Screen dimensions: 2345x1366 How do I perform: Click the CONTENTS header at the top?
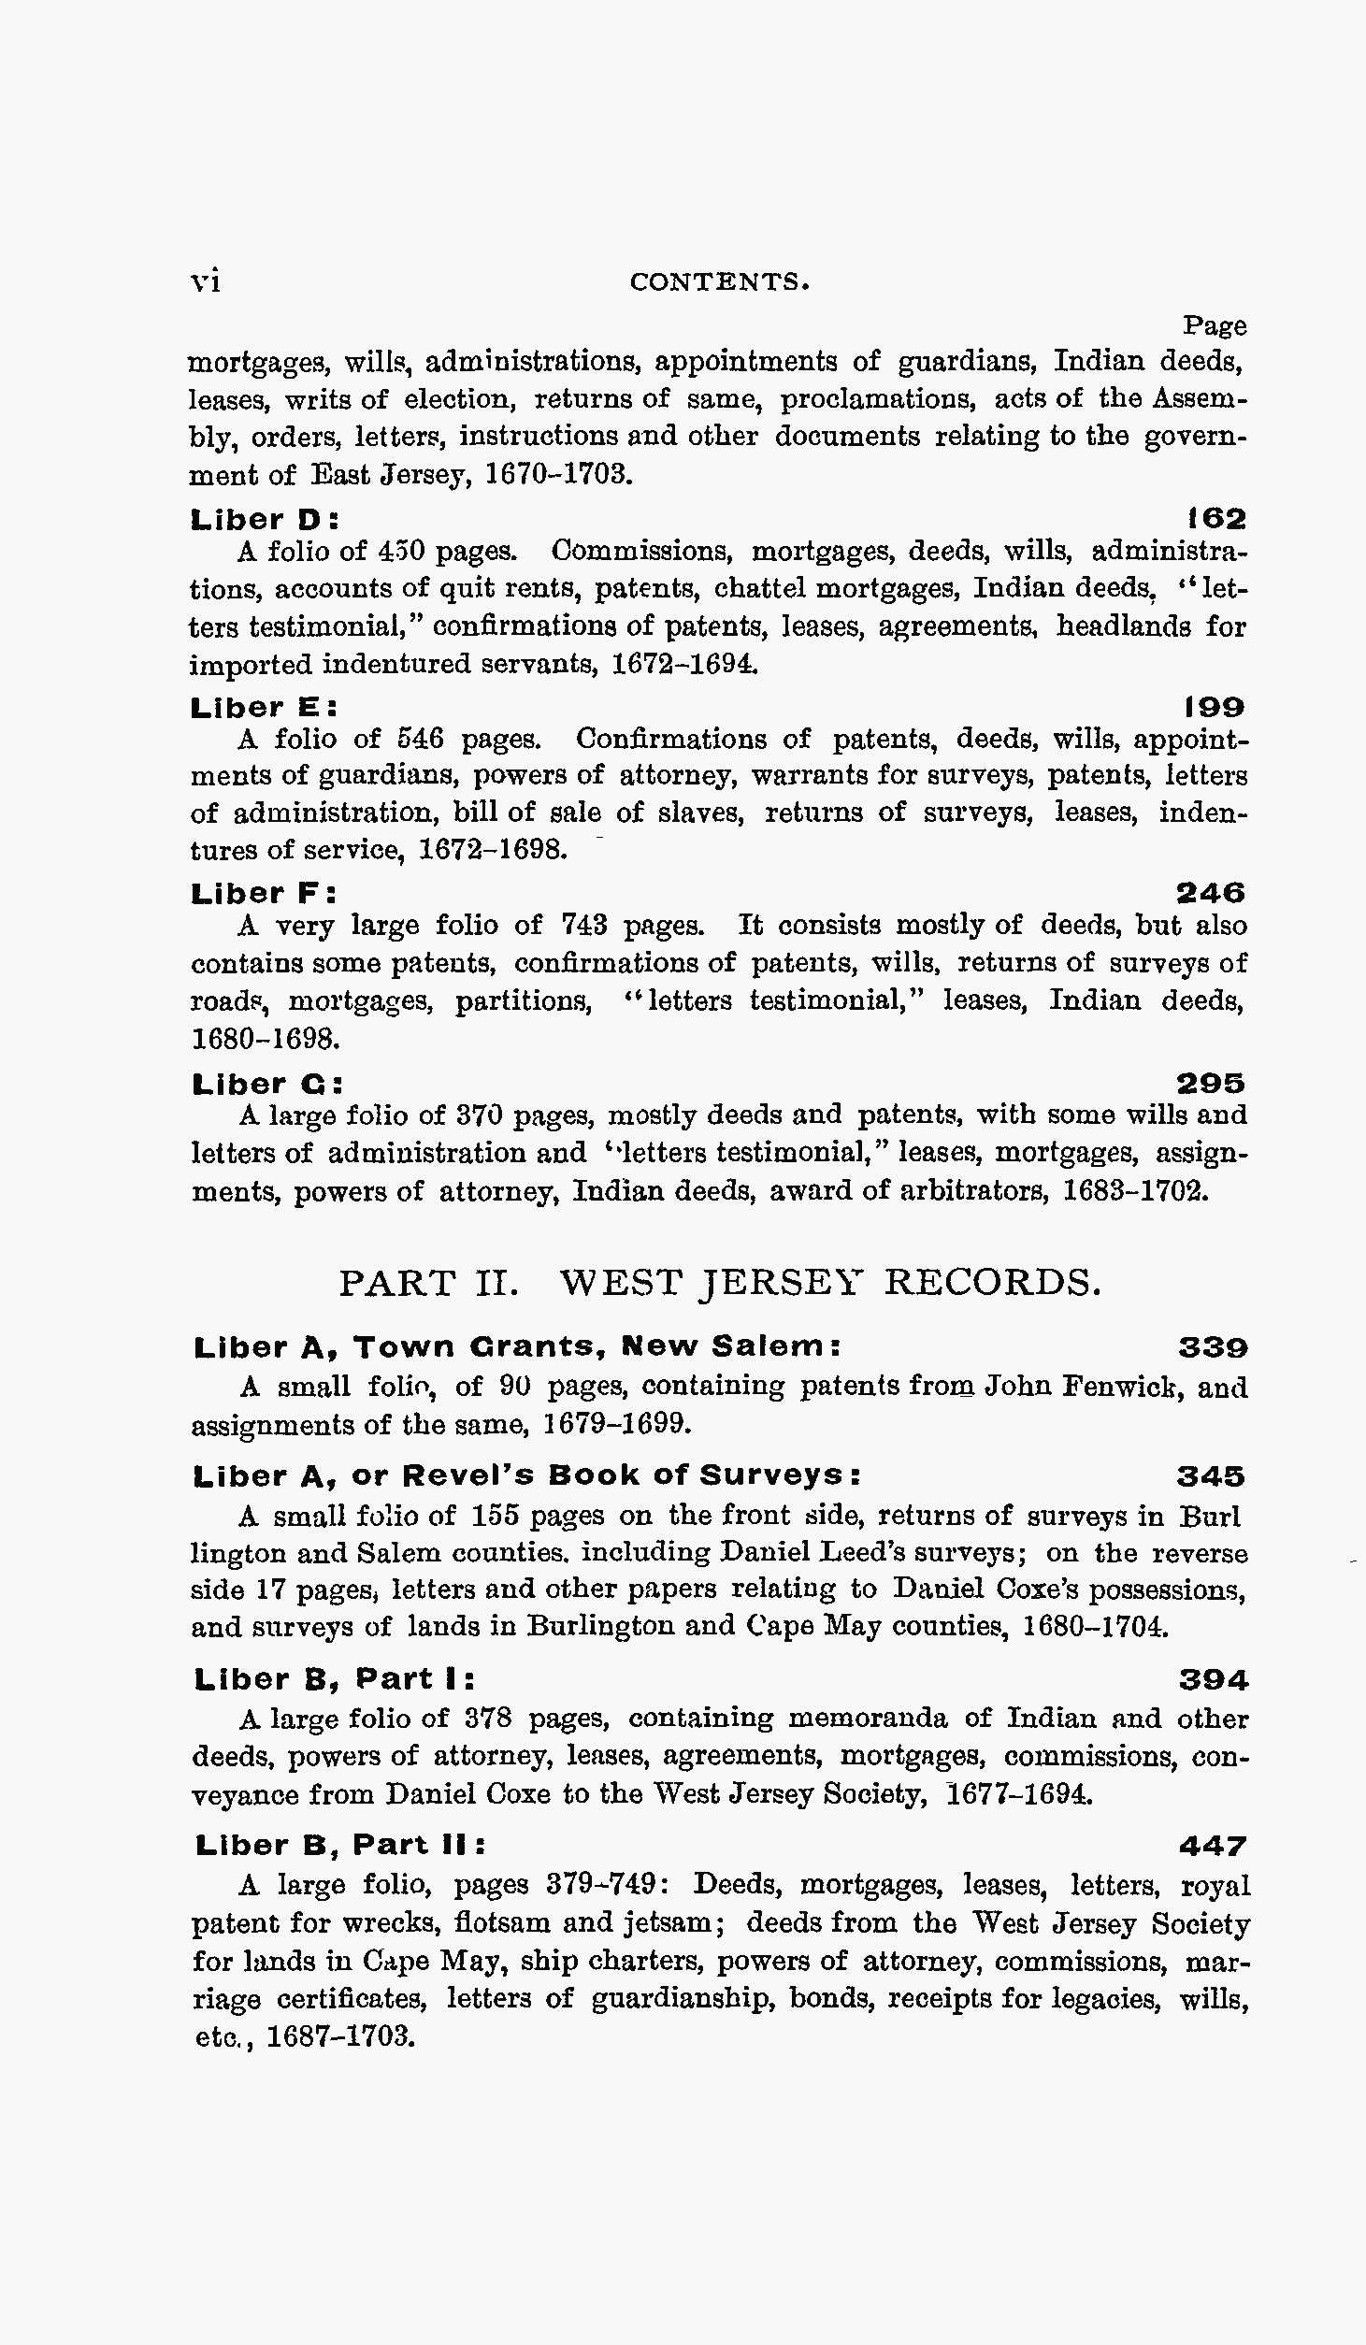point(719,281)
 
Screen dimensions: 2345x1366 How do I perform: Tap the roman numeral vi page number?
point(205,281)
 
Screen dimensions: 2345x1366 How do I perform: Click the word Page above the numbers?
point(1214,325)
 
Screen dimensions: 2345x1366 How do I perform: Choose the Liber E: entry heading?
point(264,707)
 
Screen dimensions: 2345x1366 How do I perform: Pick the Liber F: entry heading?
point(264,894)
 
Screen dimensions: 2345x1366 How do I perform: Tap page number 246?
point(1211,894)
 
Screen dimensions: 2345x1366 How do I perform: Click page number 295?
point(1211,1084)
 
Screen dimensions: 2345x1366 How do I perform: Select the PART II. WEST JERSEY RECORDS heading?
point(720,1282)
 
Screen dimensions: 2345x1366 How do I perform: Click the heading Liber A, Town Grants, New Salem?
point(517,1347)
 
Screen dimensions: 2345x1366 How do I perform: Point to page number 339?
point(1213,1347)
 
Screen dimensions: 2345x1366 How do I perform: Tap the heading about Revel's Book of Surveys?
point(526,1475)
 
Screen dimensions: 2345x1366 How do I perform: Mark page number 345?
point(1212,1476)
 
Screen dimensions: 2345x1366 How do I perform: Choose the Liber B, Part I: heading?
point(335,1679)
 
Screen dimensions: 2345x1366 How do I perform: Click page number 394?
point(1213,1680)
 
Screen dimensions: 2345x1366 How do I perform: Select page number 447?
point(1213,1846)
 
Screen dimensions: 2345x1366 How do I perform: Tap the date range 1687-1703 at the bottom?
point(340,2036)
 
